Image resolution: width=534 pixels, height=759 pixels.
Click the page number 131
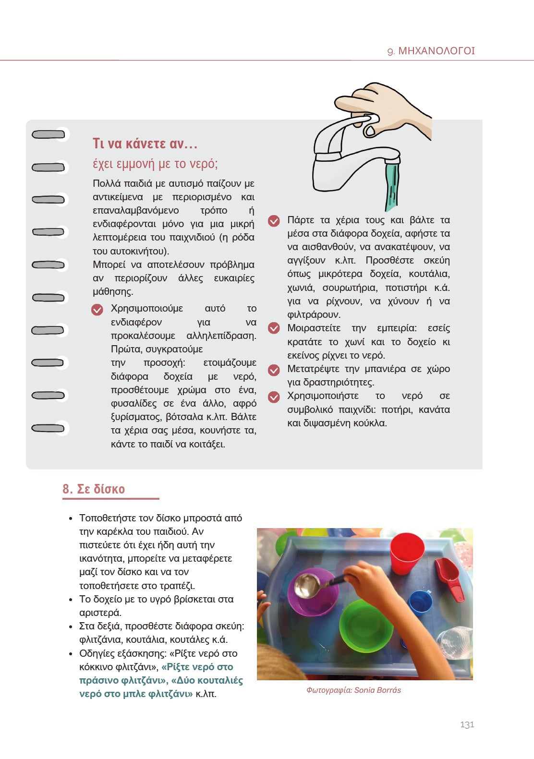[467, 724]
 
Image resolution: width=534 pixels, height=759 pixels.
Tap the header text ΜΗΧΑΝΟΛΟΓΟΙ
[437, 51]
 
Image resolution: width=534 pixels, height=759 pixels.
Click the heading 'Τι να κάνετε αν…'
[145, 144]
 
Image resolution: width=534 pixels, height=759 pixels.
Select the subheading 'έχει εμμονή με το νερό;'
[155, 164]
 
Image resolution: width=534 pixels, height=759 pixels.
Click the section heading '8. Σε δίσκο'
[94, 489]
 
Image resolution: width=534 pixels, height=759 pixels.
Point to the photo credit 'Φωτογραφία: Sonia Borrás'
[353, 690]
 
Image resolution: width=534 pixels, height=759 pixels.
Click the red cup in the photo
[406, 553]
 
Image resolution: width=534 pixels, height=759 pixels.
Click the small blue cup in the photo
[420, 606]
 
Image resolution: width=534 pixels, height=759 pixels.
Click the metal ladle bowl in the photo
[306, 586]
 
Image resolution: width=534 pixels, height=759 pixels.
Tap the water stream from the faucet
[392, 185]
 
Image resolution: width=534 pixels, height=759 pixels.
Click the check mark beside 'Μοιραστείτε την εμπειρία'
[274, 328]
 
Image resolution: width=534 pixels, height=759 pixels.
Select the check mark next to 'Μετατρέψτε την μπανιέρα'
[274, 370]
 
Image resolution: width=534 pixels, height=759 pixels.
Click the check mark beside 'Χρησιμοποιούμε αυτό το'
[97, 310]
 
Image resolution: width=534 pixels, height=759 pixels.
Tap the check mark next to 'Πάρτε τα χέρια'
[274, 221]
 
